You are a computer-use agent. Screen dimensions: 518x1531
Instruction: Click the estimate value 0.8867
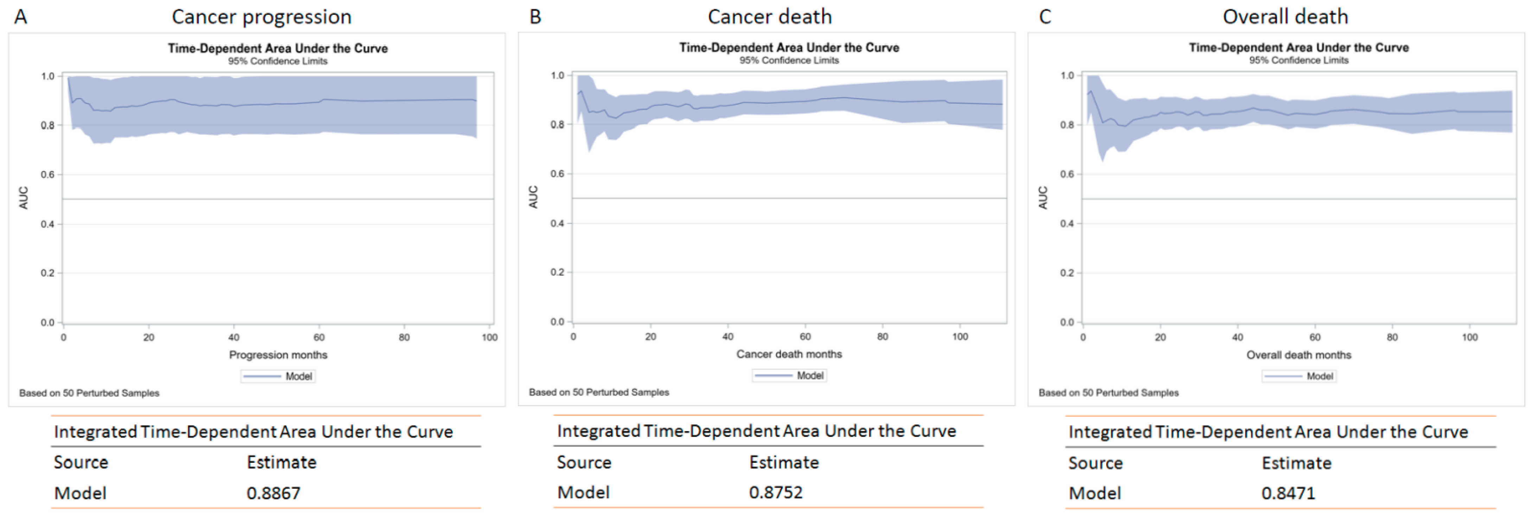pos(274,493)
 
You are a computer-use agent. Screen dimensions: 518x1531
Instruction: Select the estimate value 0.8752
pos(776,492)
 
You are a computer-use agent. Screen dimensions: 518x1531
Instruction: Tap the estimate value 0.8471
pos(1288,493)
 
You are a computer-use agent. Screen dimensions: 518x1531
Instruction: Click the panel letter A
pos(21,17)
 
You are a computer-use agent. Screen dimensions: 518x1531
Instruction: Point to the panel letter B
pos(535,17)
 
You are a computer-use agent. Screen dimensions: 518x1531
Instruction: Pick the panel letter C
pos(1045,17)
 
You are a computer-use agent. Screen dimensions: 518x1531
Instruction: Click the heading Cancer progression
pos(262,17)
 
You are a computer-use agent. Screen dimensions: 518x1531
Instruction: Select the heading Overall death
pos(1285,17)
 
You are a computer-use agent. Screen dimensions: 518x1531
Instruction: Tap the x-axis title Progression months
pos(278,355)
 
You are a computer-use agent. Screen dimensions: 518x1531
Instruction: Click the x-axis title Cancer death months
pos(789,354)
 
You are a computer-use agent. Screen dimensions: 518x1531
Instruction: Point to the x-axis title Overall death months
pos(1299,355)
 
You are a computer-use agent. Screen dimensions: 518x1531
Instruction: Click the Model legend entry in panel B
pos(789,375)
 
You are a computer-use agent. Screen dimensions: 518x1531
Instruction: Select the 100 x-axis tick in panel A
pos(489,337)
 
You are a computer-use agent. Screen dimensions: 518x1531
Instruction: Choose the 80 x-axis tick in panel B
pos(883,337)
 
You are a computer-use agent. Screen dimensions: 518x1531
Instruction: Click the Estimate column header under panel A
pos(282,462)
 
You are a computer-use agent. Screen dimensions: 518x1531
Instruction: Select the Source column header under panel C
pos(1095,463)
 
